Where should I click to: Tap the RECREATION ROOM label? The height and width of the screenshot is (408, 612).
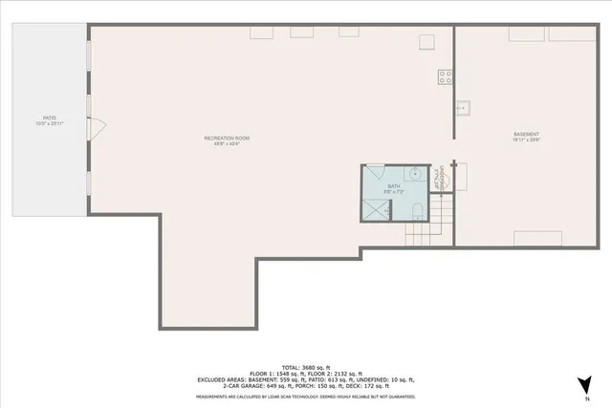(x=227, y=139)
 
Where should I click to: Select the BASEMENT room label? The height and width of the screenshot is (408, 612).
(x=526, y=134)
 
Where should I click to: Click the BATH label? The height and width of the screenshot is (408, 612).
(x=393, y=185)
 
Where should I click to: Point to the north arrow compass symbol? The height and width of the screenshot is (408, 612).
(x=581, y=384)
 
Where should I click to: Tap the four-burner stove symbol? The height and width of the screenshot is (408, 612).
(x=446, y=77)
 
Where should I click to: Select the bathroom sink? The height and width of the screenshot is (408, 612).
(x=415, y=174)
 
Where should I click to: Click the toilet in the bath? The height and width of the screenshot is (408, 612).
(x=419, y=210)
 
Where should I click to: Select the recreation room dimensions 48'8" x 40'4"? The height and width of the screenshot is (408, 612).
(x=227, y=145)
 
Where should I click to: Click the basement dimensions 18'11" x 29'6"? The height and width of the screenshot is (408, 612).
(x=526, y=140)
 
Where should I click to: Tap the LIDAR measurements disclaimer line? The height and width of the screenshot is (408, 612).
(x=305, y=396)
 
